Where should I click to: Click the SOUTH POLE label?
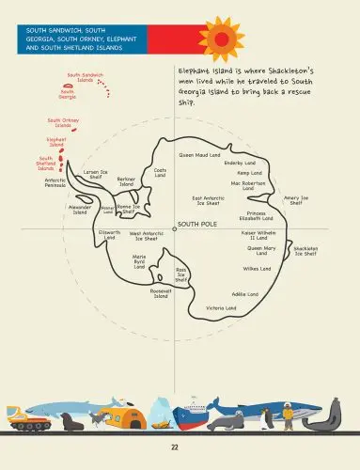[x=196, y=224]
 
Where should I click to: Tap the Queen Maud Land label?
[x=199, y=154]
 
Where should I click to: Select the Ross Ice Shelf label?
[x=181, y=274]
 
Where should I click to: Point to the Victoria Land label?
[x=221, y=307]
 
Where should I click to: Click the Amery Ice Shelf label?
[x=296, y=200]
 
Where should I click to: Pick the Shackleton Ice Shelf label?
[x=305, y=251]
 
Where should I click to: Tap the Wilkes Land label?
[x=258, y=269]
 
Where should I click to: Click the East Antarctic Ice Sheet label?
[x=209, y=200]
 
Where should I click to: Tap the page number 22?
[x=175, y=447]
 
